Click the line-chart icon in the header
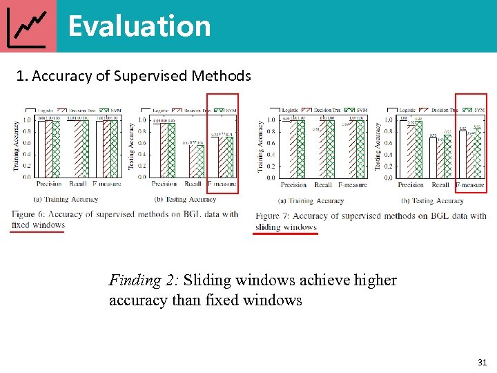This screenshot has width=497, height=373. click(x=28, y=26)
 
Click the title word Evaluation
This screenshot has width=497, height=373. click(x=139, y=26)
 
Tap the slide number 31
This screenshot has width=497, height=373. click(x=481, y=362)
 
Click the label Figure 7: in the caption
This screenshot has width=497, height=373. click(x=273, y=216)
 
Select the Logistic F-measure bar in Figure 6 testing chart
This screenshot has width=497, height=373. click(x=215, y=157)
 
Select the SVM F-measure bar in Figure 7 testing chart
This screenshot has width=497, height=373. click(x=478, y=153)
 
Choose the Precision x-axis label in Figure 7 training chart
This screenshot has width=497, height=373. click(x=294, y=185)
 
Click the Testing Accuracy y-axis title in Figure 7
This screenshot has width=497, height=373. click(x=378, y=146)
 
